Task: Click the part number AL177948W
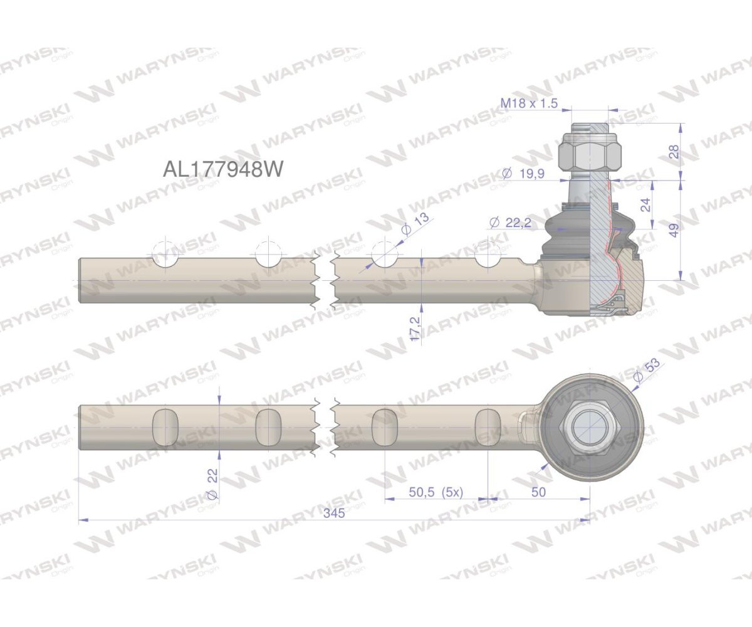click(x=223, y=169)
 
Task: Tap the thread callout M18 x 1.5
click(x=529, y=103)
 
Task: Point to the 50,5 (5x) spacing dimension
click(x=436, y=492)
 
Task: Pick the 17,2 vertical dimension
click(x=414, y=327)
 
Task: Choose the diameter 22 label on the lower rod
click(x=212, y=486)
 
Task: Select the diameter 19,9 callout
click(x=523, y=173)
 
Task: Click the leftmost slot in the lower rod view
click(x=165, y=427)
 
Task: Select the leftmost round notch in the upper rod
click(x=165, y=256)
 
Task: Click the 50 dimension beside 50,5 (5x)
click(x=538, y=492)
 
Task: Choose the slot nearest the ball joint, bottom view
click(x=488, y=427)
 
